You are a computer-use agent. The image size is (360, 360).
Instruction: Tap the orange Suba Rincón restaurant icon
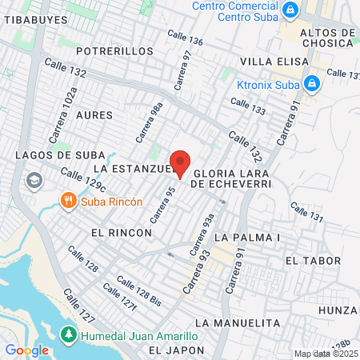pyautogui.click(x=70, y=200)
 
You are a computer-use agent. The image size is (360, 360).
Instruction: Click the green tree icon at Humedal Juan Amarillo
pyautogui.click(x=69, y=334)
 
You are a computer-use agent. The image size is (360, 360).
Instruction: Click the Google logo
pyautogui.click(x=26, y=350)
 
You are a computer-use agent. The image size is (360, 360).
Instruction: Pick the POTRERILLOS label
pyautogui.click(x=114, y=50)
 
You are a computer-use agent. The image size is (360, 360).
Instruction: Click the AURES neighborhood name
pyautogui.click(x=94, y=115)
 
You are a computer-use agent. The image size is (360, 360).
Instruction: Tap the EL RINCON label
pyautogui.click(x=122, y=232)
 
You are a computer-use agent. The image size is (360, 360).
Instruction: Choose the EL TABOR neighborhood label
pyautogui.click(x=313, y=261)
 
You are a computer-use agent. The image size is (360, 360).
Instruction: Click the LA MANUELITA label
pyautogui.click(x=238, y=322)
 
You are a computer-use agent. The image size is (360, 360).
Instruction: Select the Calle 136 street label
pyautogui.click(x=185, y=38)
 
